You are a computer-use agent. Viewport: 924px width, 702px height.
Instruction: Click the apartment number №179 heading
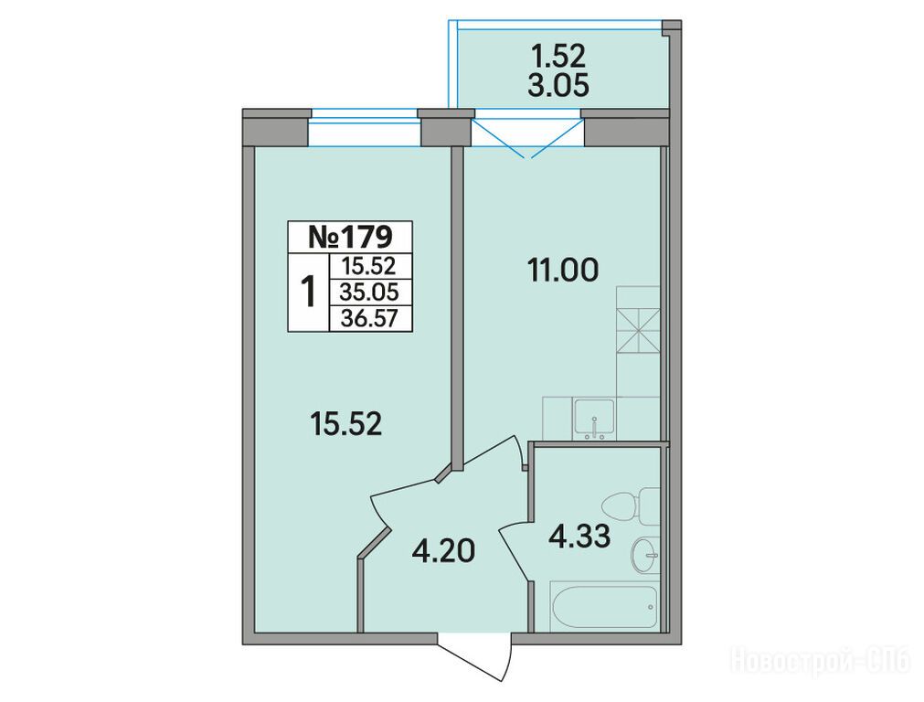[350, 237]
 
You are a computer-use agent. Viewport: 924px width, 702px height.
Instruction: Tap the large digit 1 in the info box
[308, 292]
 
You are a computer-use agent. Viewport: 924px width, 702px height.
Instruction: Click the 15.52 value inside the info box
[369, 266]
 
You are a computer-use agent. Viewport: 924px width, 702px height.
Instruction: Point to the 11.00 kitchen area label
[563, 271]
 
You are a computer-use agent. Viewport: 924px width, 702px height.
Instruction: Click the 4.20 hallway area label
[443, 552]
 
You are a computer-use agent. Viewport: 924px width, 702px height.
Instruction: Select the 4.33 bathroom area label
[579, 537]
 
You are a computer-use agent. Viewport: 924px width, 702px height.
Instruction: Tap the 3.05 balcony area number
[559, 86]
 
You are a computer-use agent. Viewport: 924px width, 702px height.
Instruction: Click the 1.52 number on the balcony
[558, 56]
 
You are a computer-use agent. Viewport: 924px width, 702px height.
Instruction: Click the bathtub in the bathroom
[604, 607]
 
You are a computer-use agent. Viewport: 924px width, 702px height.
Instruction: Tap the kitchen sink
[595, 419]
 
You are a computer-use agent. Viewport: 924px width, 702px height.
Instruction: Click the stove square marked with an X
[638, 331]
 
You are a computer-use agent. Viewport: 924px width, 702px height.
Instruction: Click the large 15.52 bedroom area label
[346, 424]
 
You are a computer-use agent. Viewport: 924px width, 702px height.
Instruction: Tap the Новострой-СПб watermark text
[822, 659]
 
